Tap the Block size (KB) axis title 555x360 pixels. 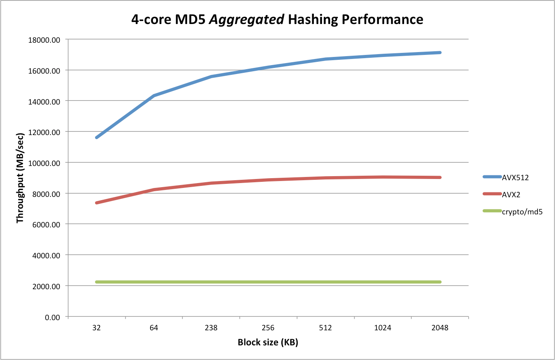pos(268,343)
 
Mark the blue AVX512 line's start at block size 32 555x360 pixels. pos(97,137)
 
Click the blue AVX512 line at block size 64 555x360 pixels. pos(154,96)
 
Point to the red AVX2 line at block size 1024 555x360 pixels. pos(383,177)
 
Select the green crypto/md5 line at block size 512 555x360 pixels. pos(325,282)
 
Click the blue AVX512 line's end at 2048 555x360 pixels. pos(440,52)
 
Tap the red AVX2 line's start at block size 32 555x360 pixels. pos(97,203)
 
